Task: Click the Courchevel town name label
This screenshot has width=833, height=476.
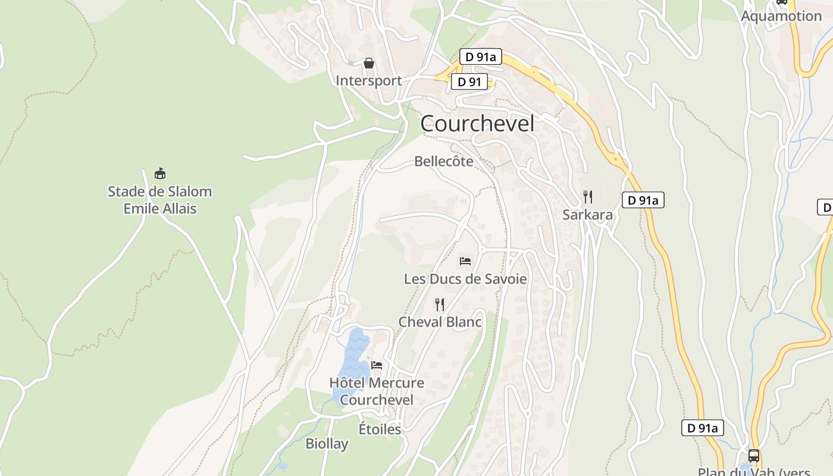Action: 477,124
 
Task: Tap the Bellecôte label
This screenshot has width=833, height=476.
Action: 444,161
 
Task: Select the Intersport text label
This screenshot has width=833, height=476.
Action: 368,80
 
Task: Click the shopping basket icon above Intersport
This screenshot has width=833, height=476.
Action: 369,63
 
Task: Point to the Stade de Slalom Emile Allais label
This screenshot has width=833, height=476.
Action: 159,200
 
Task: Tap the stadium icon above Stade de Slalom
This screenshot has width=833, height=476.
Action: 159,174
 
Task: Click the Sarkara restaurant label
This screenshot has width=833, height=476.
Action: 587,215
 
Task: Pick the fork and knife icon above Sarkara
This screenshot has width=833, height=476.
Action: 588,196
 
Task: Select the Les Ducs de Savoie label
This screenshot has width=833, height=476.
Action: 465,278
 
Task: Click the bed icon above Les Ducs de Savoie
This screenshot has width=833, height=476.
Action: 465,261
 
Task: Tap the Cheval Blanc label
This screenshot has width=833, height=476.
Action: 440,322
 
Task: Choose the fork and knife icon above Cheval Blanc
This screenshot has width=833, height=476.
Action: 440,305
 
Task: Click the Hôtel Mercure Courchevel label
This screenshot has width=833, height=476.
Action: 377,391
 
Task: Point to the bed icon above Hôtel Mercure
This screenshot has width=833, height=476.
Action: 377,365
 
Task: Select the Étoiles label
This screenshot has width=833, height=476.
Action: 380,428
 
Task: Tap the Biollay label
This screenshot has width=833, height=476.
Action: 327,443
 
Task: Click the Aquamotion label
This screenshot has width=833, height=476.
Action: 781,16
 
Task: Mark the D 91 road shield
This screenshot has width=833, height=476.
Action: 469,82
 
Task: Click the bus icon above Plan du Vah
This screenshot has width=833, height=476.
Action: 754,456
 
